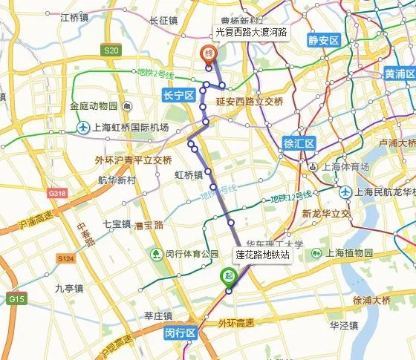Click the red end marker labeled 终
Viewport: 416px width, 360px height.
(x=209, y=53)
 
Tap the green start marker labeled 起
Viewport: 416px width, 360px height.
(x=229, y=277)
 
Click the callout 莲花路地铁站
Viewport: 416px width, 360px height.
(x=262, y=255)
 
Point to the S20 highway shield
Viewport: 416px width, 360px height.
(x=111, y=50)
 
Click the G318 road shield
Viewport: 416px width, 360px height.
(x=56, y=193)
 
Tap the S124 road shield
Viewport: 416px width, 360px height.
(x=65, y=258)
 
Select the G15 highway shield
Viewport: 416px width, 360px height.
(x=16, y=298)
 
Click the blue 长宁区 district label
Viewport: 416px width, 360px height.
(x=178, y=95)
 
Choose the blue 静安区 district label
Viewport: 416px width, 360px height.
(x=324, y=40)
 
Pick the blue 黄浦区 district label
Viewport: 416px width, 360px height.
(x=398, y=73)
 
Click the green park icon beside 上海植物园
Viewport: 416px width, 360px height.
(x=316, y=253)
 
